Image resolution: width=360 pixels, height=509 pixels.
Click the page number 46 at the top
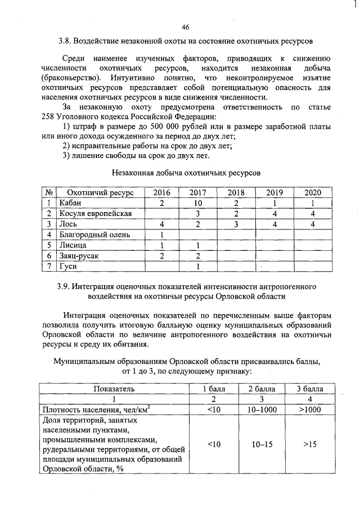tap(186, 26)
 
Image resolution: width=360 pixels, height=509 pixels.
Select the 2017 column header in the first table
tap(197, 192)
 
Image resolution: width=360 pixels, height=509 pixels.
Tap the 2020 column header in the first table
tap(312, 192)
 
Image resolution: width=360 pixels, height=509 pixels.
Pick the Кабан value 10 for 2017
tap(197, 203)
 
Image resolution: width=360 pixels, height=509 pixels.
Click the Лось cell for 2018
tap(236, 224)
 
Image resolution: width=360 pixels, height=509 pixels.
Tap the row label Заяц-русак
tap(80, 256)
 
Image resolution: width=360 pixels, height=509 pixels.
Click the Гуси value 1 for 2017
tap(197, 266)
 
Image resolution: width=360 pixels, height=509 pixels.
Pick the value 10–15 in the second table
tap(262, 444)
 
